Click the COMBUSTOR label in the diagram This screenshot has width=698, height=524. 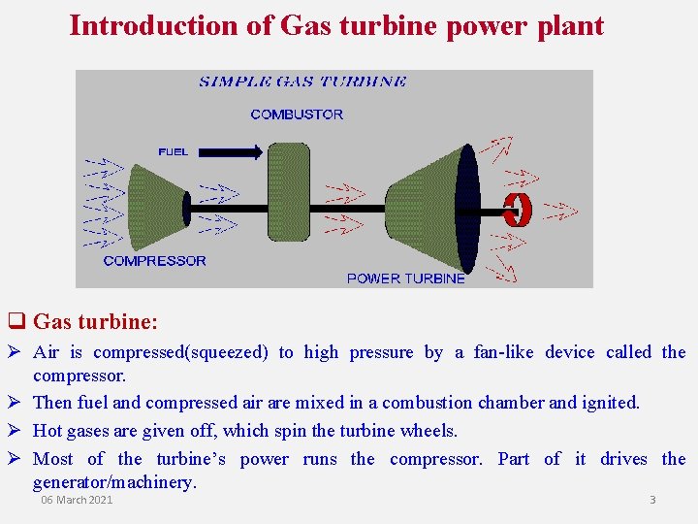point(297,115)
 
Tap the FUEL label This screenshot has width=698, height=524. point(174,151)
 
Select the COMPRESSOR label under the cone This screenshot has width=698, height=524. point(154,260)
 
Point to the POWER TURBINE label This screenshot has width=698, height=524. point(405,278)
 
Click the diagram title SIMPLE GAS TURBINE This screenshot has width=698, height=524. point(302,82)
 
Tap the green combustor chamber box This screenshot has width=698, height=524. point(288,194)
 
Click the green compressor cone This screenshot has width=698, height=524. point(157,206)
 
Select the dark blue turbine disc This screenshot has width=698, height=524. point(467,208)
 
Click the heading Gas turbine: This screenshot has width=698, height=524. point(95,321)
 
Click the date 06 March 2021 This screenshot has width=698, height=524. point(77,500)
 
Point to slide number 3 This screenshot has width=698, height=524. point(652,500)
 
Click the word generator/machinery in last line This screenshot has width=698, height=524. point(113,481)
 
